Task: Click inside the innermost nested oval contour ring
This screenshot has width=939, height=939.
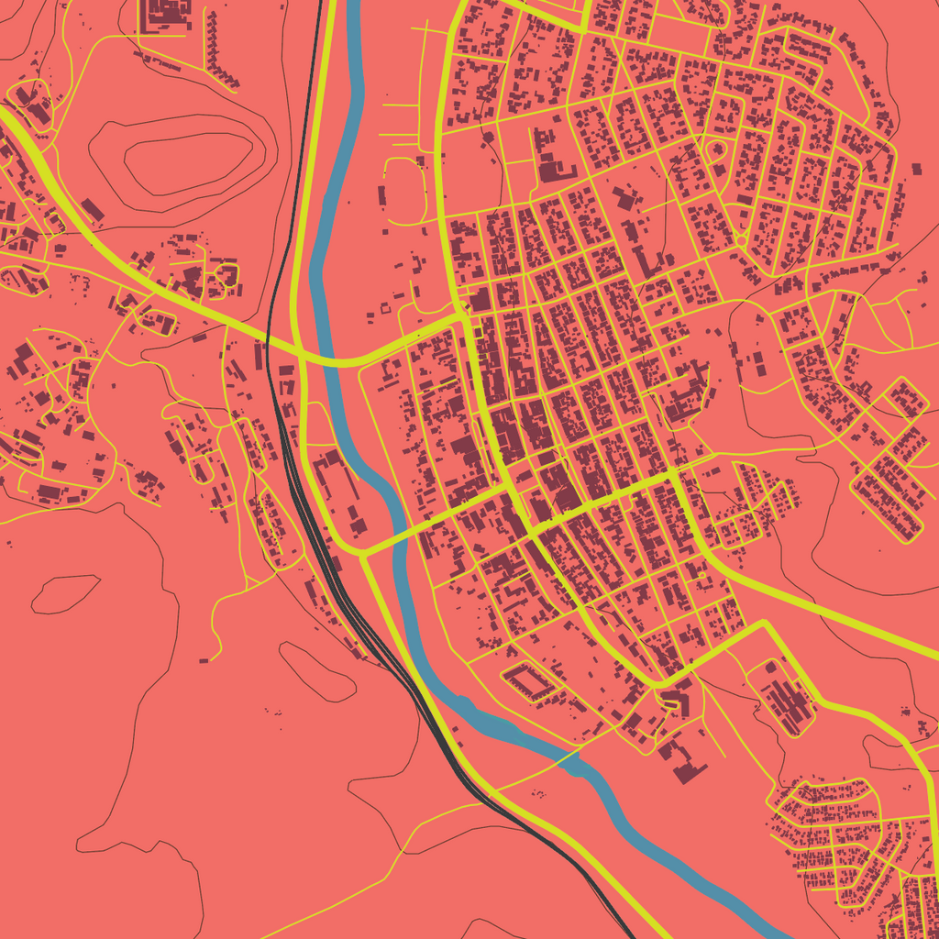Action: (188, 163)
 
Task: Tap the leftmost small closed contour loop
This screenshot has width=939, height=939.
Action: (64, 593)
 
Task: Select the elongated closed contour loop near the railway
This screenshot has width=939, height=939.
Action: (316, 671)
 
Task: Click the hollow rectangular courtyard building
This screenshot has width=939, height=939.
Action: (529, 681)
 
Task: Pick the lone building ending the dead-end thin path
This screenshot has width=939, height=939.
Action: (204, 658)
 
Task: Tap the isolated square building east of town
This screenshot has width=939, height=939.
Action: (916, 169)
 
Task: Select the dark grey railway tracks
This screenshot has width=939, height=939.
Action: (304, 514)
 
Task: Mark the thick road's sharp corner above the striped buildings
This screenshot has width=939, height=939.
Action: (764, 624)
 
